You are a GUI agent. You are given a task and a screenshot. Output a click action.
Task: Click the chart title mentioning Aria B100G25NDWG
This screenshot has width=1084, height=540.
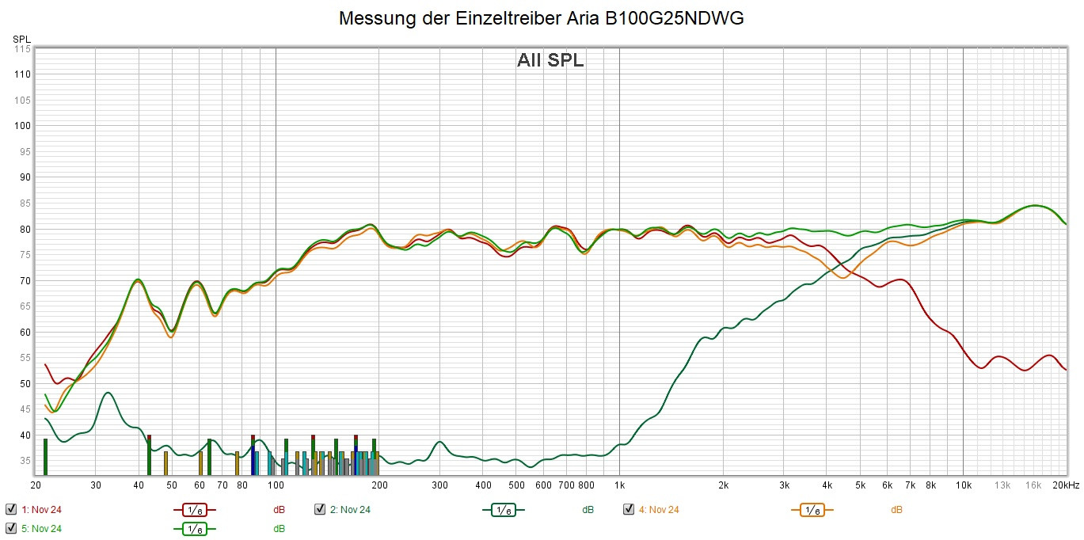[x=542, y=18]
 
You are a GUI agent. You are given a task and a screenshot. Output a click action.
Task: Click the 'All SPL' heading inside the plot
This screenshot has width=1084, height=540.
[x=550, y=60]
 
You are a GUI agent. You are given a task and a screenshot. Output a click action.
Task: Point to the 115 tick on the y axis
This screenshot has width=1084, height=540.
[x=21, y=49]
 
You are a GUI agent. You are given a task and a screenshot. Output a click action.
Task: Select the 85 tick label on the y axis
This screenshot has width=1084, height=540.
[x=24, y=203]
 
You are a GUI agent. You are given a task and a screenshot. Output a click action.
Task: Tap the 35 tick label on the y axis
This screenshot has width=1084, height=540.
[x=24, y=460]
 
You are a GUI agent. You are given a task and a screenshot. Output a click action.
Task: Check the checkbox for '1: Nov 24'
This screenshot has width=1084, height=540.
[x=11, y=509]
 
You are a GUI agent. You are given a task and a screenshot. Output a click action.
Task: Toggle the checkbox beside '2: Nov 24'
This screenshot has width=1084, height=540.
[x=320, y=509]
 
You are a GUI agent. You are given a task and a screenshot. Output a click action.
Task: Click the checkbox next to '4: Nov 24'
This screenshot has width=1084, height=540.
[x=629, y=509]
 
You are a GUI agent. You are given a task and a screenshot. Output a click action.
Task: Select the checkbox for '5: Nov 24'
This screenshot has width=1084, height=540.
[x=11, y=528]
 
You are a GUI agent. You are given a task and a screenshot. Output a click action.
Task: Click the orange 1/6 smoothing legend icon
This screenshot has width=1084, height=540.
[x=812, y=510]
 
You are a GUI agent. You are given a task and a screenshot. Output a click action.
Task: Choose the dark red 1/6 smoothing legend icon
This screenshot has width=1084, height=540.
[x=194, y=510]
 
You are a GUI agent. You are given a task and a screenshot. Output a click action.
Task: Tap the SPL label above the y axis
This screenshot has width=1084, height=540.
[x=21, y=39]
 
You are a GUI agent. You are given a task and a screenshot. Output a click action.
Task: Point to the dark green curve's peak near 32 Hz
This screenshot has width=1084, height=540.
[x=108, y=393]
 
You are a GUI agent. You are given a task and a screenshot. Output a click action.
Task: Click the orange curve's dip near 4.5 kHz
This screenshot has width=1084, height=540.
[x=843, y=278]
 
